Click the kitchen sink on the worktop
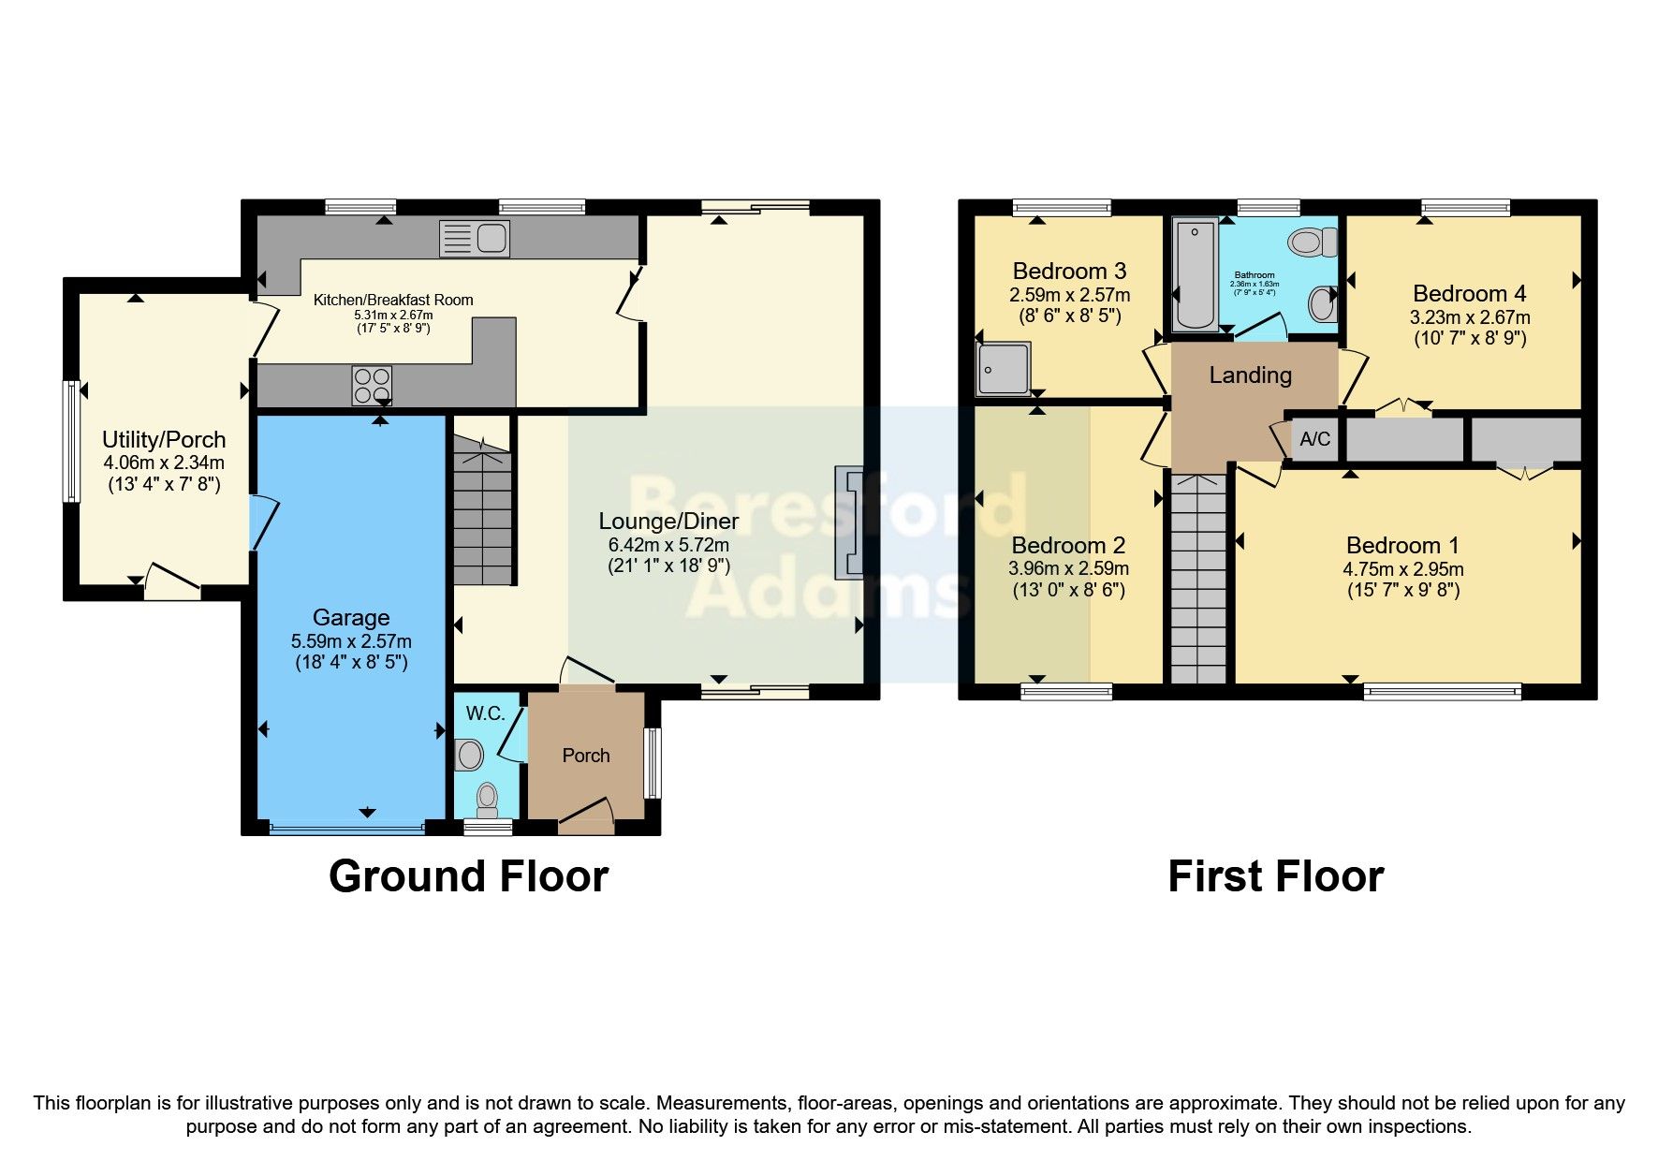pyautogui.click(x=475, y=239)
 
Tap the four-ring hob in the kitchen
pyautogui.click(x=372, y=385)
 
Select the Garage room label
pyautogui.click(x=351, y=618)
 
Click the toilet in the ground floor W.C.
pyautogui.click(x=487, y=800)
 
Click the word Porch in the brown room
pyautogui.click(x=586, y=756)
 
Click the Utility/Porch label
pyautogui.click(x=164, y=440)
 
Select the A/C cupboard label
pyautogui.click(x=1314, y=439)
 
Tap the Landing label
pyautogui.click(x=1250, y=375)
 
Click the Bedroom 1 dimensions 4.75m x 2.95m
pyautogui.click(x=1402, y=569)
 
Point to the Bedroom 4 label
pyautogui.click(x=1469, y=294)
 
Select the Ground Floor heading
pyautogui.click(x=468, y=876)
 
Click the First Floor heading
pyautogui.click(x=1275, y=876)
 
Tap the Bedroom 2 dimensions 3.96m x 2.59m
pyautogui.click(x=1068, y=568)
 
